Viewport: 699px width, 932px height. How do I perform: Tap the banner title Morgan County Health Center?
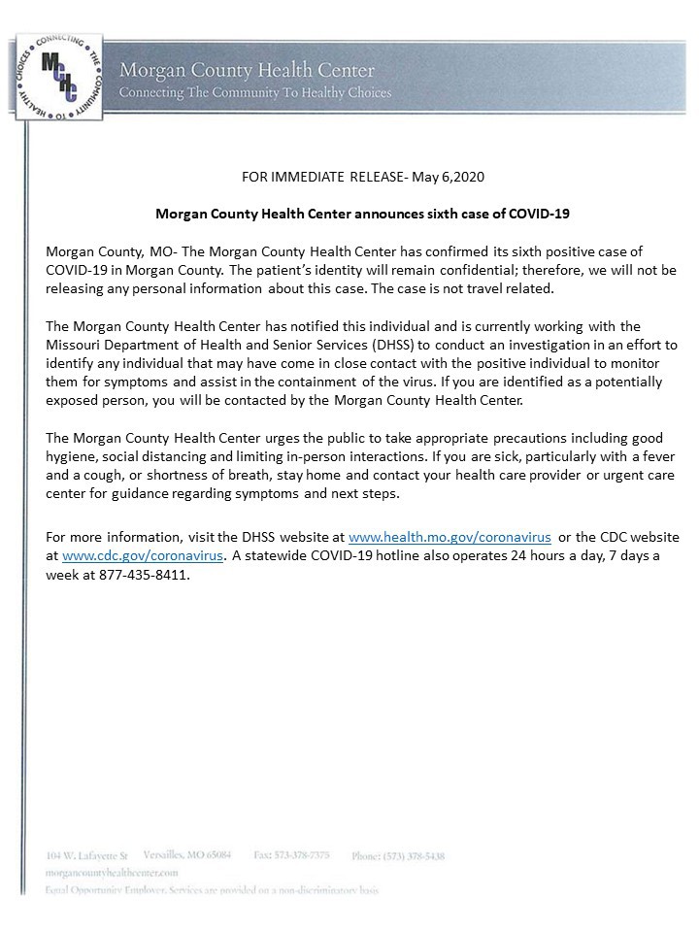(x=247, y=72)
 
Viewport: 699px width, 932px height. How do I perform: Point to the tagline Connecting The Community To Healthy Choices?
(x=254, y=93)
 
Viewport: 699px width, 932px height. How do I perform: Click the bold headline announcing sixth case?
(x=349, y=212)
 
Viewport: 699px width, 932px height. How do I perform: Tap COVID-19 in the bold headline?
(x=512, y=212)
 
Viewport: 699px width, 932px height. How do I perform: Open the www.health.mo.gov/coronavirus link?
(x=449, y=536)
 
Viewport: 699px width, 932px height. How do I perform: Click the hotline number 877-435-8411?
(x=145, y=575)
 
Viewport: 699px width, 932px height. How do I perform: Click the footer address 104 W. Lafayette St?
(x=86, y=855)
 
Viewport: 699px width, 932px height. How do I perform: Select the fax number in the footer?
(x=290, y=855)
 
